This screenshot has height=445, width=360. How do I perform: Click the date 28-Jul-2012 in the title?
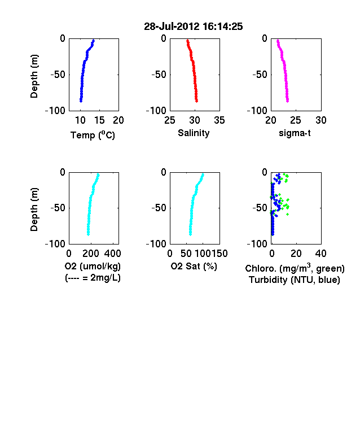click(x=172, y=27)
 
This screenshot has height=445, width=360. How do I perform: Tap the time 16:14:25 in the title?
click(x=223, y=27)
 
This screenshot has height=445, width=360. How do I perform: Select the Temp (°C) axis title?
click(x=93, y=135)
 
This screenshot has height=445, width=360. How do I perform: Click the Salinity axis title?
click(x=194, y=133)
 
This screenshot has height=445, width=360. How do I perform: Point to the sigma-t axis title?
click(x=295, y=133)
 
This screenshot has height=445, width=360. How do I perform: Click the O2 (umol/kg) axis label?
click(x=93, y=266)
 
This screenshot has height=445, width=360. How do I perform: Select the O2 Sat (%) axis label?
click(x=194, y=266)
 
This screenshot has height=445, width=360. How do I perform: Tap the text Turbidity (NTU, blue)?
click(x=295, y=280)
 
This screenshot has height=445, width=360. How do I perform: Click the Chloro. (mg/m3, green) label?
click(x=295, y=268)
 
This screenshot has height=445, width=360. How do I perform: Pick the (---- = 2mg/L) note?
click(x=93, y=277)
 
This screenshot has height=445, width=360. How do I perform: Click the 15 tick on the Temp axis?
click(x=99, y=120)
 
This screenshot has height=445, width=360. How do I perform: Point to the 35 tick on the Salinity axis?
click(x=219, y=120)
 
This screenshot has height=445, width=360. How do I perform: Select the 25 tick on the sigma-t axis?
click(x=296, y=120)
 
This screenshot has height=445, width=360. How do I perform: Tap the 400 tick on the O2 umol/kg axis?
click(x=112, y=254)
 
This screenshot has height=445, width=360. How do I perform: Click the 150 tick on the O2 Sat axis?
click(x=219, y=254)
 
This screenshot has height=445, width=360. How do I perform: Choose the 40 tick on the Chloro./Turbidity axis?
click(x=321, y=254)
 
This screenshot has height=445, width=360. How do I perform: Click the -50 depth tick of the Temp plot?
click(x=58, y=75)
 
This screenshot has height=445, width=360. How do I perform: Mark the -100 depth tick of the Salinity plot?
click(x=156, y=110)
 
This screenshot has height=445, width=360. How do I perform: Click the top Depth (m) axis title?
click(x=34, y=76)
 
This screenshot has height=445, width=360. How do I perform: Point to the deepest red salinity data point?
click(x=196, y=101)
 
